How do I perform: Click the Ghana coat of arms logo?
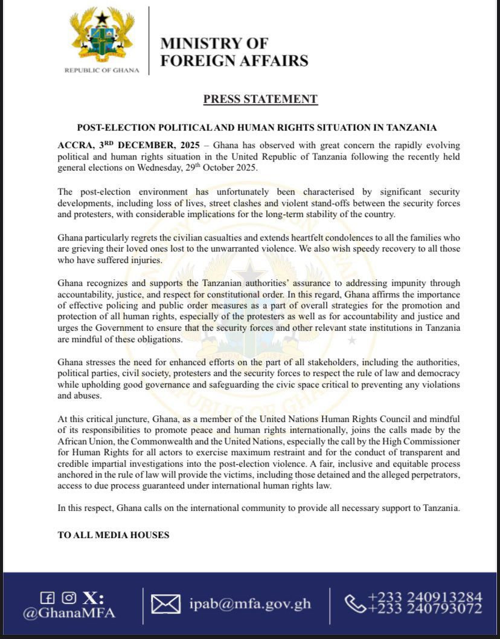102,34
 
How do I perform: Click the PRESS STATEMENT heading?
260,99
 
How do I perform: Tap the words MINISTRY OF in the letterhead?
214,44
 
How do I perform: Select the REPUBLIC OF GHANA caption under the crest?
102,70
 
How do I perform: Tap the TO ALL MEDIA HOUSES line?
114,535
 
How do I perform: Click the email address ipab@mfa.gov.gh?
250,603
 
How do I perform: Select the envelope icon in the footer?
165,603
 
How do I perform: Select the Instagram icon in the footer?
68,598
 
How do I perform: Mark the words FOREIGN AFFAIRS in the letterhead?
234,60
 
